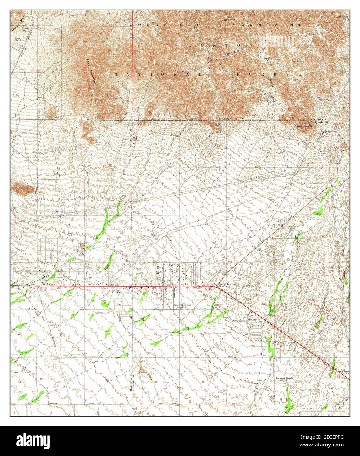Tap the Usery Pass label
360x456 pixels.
tap(25, 30)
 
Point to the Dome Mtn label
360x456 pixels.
tap(229, 20)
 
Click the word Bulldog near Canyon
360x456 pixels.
tap(232, 52)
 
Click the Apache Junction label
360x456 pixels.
tap(226, 284)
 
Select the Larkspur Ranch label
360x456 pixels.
tap(284, 378)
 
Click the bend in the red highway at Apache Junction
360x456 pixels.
tap(215, 286)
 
